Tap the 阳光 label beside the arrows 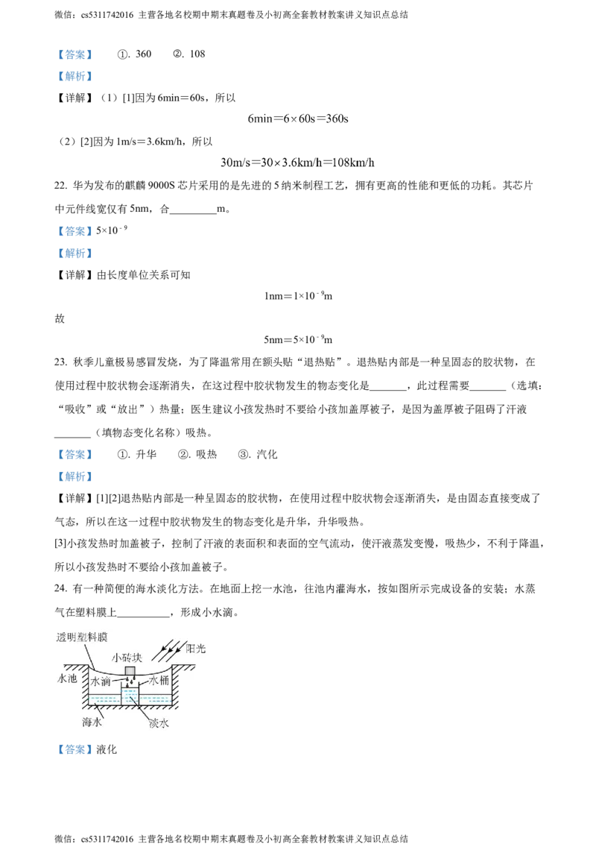(196, 649)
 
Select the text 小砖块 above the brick (127, 658)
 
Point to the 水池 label (68, 680)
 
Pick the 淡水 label (159, 722)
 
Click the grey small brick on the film (130, 671)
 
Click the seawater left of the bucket (105, 700)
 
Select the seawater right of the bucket (156, 700)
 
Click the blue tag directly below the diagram (74, 749)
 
